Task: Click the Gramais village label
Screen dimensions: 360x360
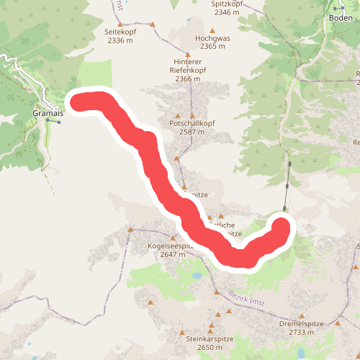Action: point(48,113)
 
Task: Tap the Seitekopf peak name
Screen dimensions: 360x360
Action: point(120,32)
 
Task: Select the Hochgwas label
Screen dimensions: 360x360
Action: point(212,37)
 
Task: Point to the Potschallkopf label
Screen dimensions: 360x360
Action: point(192,124)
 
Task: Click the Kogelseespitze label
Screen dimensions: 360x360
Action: point(171,246)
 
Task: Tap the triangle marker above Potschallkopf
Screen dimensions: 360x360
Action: point(192,115)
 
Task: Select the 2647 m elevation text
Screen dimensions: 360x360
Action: point(171,254)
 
